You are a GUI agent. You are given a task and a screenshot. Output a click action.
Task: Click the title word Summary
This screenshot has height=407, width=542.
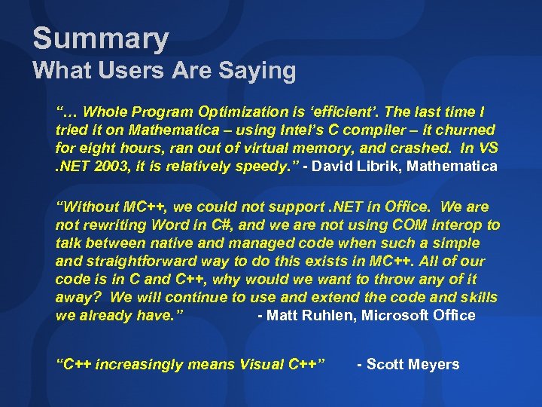click(101, 38)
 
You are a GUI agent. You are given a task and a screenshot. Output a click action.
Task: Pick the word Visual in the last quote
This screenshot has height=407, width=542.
click(261, 365)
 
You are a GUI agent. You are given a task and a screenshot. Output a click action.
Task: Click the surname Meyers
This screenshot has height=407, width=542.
click(434, 365)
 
